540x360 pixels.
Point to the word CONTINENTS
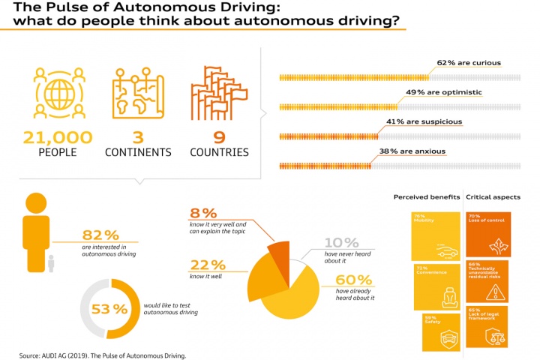(x=137, y=152)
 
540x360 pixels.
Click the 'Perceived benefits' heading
(x=425, y=198)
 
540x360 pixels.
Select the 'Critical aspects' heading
(x=493, y=198)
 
